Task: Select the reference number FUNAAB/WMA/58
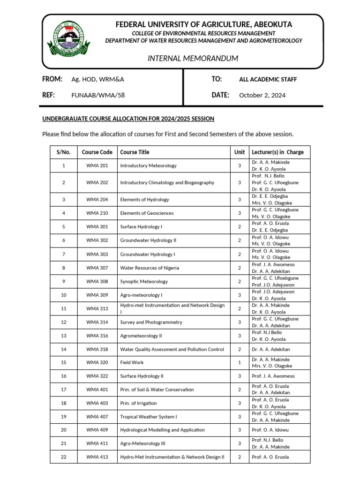(x=98, y=95)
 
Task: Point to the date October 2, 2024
(x=262, y=95)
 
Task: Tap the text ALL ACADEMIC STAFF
(x=268, y=79)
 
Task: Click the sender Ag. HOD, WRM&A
(x=97, y=79)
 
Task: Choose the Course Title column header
(x=135, y=152)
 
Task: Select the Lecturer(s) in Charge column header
(x=277, y=152)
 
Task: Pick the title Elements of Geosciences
(x=147, y=213)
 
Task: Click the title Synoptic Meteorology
(x=144, y=282)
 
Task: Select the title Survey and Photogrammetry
(x=151, y=322)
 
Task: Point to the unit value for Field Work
(x=240, y=362)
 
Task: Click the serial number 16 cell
(x=64, y=376)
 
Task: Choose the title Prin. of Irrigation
(x=139, y=403)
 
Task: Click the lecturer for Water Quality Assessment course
(x=270, y=349)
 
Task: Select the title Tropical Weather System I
(x=149, y=417)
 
